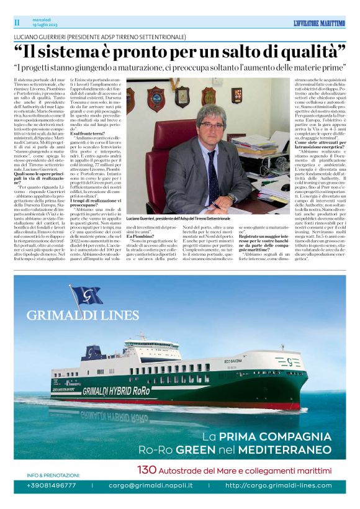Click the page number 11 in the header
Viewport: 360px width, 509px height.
[17, 23]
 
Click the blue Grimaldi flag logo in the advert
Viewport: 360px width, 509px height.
[86, 296]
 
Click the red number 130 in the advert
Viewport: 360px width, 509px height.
[146, 469]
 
